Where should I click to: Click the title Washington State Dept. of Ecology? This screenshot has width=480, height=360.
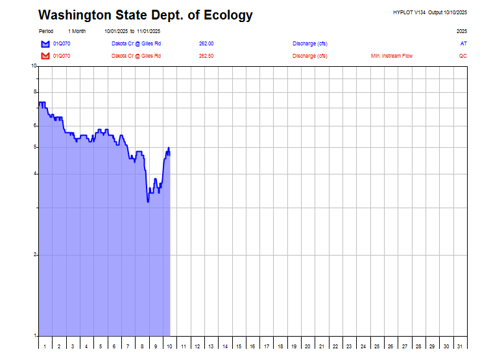point(145,15)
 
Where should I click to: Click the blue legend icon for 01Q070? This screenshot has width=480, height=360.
point(45,43)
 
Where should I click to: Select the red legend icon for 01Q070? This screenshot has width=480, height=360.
point(45,56)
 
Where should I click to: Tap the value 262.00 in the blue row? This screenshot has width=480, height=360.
point(206,43)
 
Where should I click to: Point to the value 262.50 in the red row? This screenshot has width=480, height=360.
point(206,56)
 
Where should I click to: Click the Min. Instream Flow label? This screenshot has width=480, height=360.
point(391,56)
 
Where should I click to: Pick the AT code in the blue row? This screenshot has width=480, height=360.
point(463,43)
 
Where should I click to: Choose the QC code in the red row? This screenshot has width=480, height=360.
point(462,56)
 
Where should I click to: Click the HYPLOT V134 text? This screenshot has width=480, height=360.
point(409,12)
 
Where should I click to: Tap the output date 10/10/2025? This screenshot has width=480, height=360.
point(455,12)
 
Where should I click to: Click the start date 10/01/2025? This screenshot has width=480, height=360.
point(116,31)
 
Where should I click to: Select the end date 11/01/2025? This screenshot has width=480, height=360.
point(149,31)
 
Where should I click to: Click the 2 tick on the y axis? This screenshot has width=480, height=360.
point(35,255)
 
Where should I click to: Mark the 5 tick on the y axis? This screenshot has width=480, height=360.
point(35,147)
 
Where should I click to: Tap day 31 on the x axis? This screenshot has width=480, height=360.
point(460,347)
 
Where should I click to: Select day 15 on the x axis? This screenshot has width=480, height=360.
point(239,347)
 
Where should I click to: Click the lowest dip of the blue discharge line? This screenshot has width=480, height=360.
point(148,202)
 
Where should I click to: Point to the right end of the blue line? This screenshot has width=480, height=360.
point(169,153)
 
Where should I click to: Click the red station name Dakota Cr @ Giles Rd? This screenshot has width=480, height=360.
point(136,56)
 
